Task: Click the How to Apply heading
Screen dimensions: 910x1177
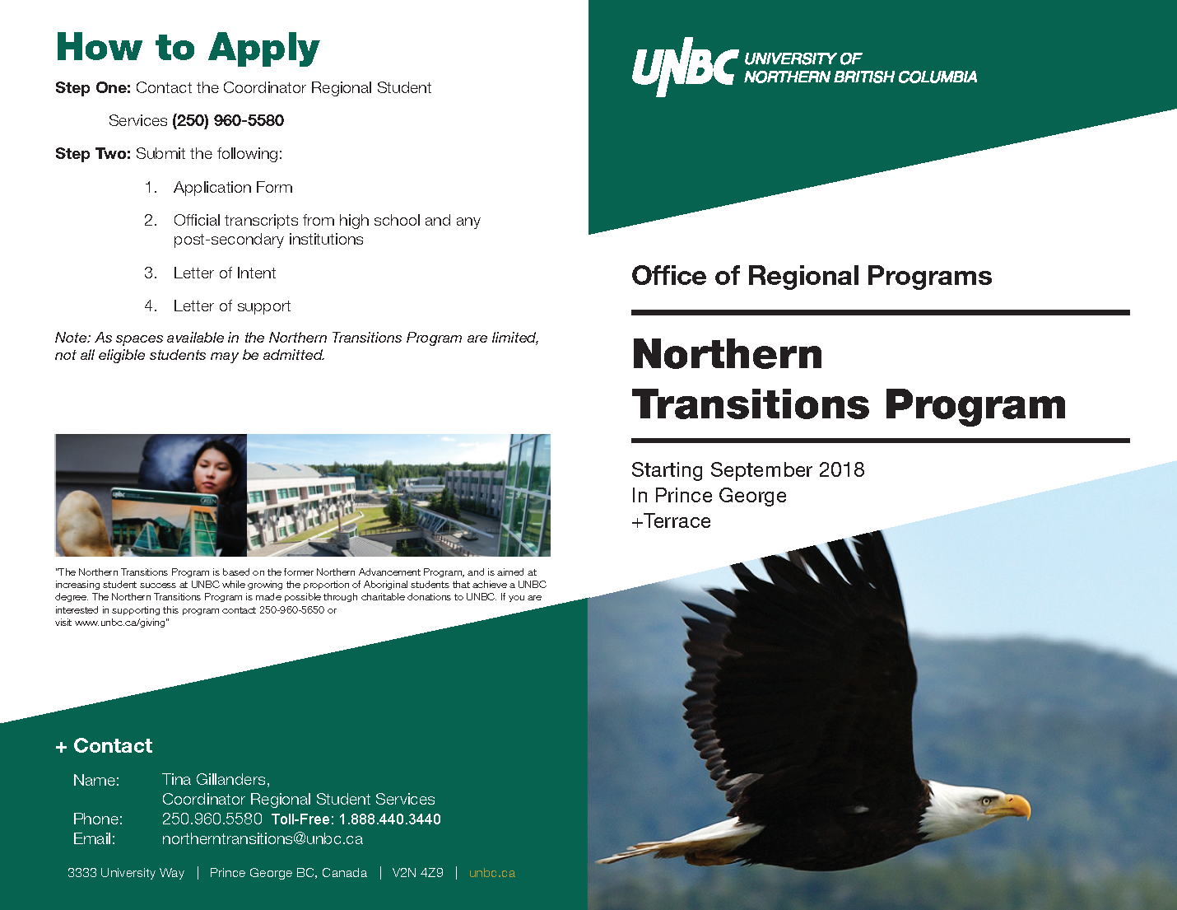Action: pos(188,49)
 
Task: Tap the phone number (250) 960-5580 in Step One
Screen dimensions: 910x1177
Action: pos(228,121)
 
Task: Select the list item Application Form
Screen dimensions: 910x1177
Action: pos(233,188)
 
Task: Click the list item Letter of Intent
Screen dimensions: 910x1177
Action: pos(225,273)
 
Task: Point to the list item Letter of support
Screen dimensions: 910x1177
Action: pos(232,306)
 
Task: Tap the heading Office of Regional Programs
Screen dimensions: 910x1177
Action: pos(812,276)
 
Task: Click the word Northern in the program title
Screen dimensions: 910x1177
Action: pos(728,355)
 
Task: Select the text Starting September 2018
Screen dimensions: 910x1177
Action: pos(747,470)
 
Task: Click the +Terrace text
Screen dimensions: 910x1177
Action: pos(671,521)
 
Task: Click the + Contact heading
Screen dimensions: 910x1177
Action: pos(105,746)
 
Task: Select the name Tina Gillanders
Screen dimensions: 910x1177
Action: pos(216,780)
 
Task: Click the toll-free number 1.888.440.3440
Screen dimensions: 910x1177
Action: pos(389,819)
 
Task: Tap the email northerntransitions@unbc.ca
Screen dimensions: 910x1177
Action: pos(262,839)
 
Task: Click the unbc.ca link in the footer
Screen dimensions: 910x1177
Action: pos(492,873)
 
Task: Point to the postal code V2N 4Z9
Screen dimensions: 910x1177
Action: pos(417,873)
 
